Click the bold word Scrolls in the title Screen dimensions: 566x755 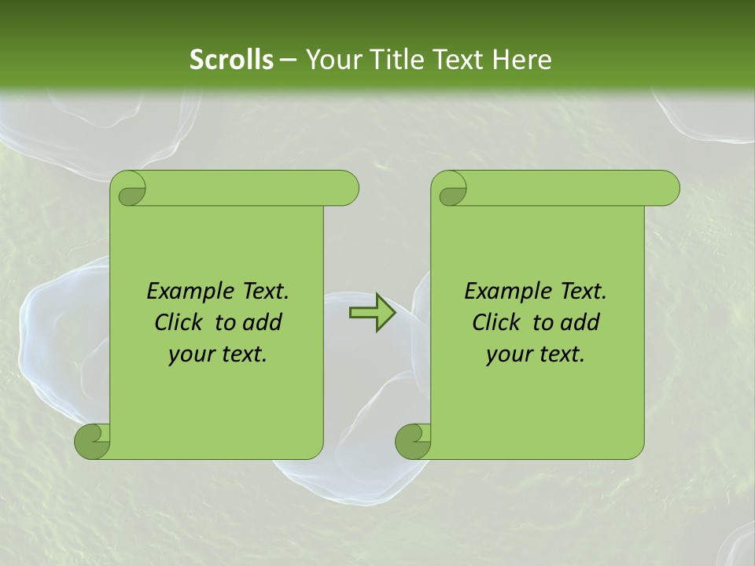click(231, 60)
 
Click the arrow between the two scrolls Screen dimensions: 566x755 click(372, 314)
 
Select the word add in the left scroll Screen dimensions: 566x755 click(264, 322)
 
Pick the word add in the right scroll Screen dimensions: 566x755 click(582, 322)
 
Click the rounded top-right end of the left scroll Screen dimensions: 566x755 click(346, 189)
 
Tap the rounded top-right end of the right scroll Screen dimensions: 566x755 click(667, 189)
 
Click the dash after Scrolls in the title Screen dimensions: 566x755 click(288, 61)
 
